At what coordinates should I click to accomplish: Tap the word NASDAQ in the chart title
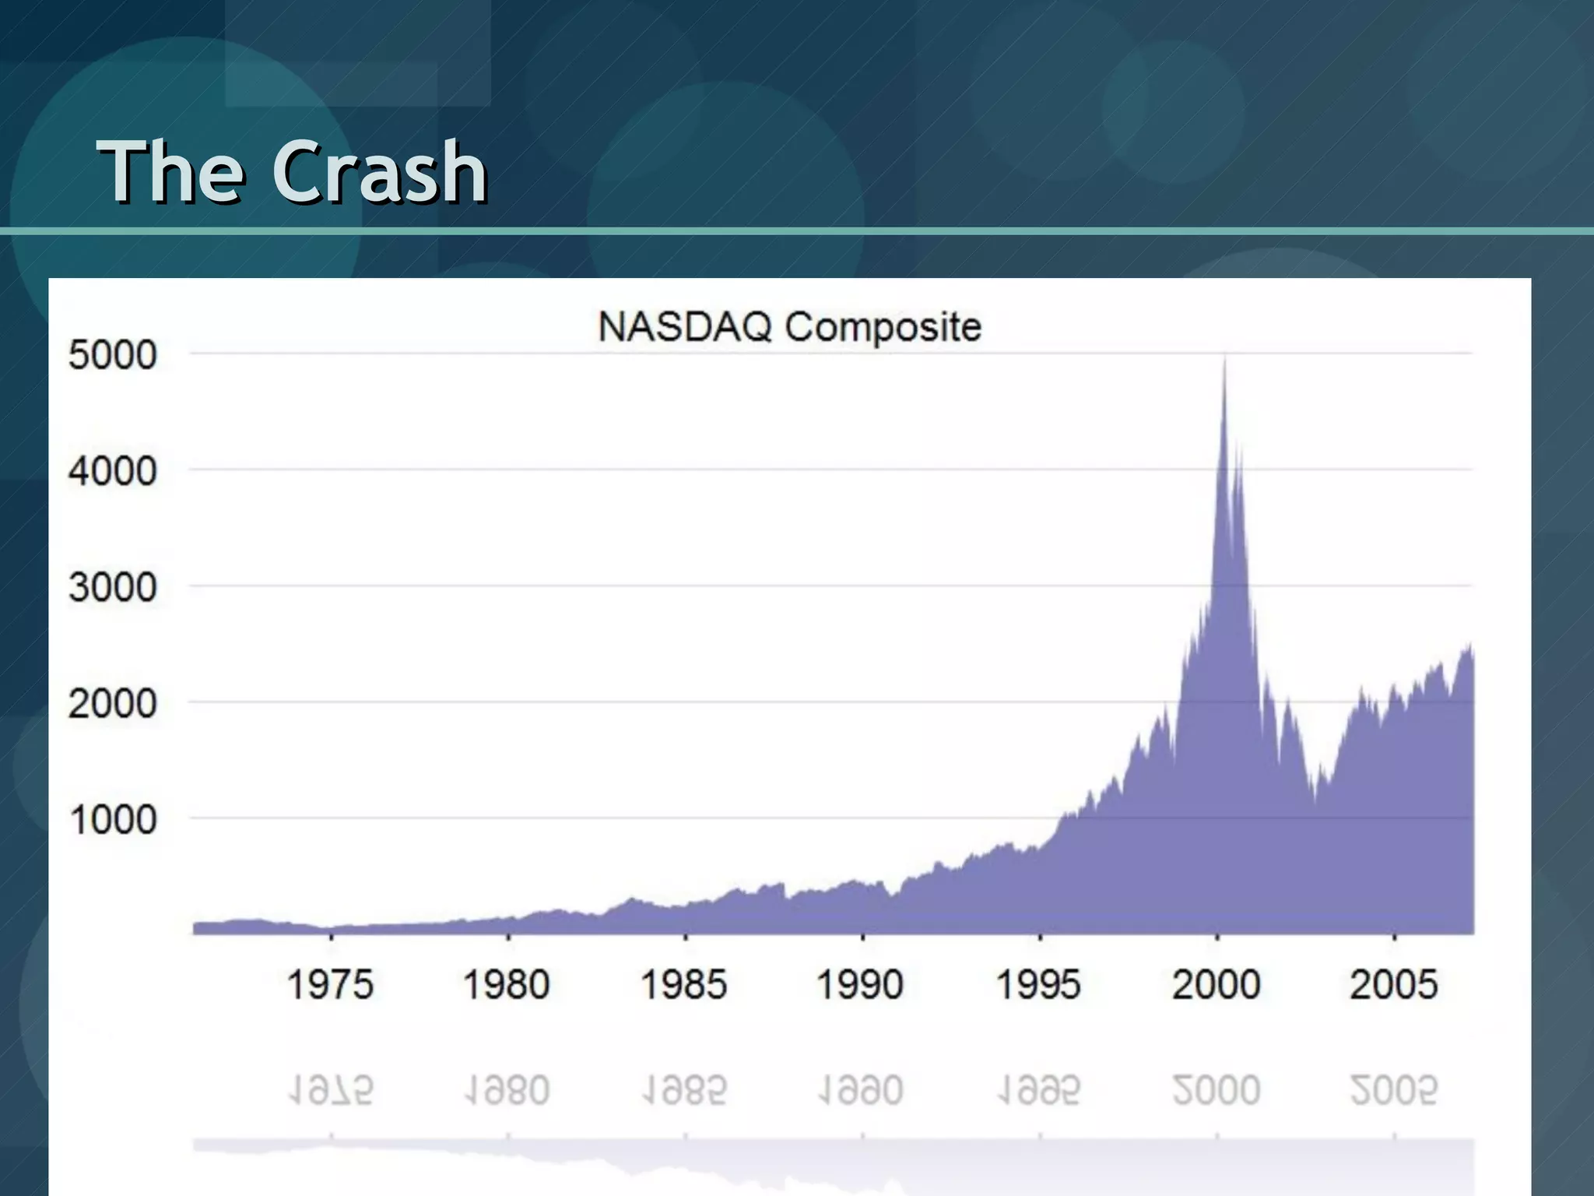684,326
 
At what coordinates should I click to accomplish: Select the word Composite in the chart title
883,327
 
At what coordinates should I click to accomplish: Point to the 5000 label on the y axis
113,355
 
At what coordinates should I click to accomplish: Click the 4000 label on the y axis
113,471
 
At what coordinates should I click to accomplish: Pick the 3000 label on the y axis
113,587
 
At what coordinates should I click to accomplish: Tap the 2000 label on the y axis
113,704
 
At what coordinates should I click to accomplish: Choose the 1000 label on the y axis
114,820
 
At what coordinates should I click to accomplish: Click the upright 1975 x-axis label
330,984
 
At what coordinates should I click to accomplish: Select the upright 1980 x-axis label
507,984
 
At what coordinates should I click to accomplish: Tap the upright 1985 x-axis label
683,984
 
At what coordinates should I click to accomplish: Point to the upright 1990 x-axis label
860,984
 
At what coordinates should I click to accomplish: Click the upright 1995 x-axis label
1038,984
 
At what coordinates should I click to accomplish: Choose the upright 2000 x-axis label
1216,984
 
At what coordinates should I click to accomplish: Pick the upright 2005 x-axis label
1393,984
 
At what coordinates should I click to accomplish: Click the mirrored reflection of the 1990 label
860,1089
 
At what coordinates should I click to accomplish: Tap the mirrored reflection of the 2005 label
1393,1089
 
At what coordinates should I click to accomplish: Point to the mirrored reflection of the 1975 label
330,1089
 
